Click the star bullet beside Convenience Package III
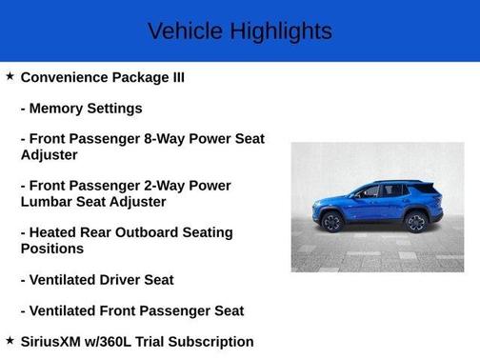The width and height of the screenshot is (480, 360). point(10,76)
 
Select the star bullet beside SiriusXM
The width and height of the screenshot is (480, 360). point(10,340)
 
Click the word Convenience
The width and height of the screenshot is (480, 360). point(68,77)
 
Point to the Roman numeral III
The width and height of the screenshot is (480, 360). point(173,77)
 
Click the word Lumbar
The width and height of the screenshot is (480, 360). point(48,201)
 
